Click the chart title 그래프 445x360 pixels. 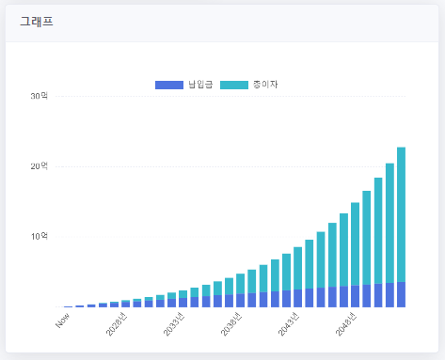click(37, 21)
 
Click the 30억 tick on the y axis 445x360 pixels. click(39, 96)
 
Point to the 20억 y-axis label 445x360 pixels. click(39, 166)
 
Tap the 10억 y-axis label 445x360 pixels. click(39, 236)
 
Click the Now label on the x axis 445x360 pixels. click(63, 321)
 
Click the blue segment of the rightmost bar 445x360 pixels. click(401, 294)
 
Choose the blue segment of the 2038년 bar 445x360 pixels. click(240, 300)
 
